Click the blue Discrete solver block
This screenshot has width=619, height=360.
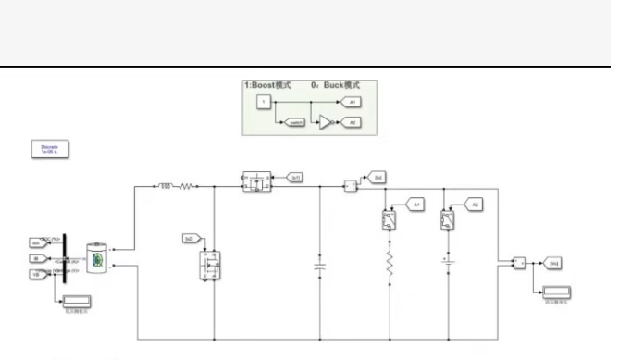[50, 147]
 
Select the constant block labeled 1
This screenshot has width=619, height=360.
[263, 101]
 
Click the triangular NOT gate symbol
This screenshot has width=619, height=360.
[326, 120]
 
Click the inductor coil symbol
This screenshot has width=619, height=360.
[167, 186]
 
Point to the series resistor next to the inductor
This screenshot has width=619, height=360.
[186, 186]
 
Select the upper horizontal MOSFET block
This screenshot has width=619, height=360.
[254, 181]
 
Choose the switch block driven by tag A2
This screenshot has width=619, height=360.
[447, 220]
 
